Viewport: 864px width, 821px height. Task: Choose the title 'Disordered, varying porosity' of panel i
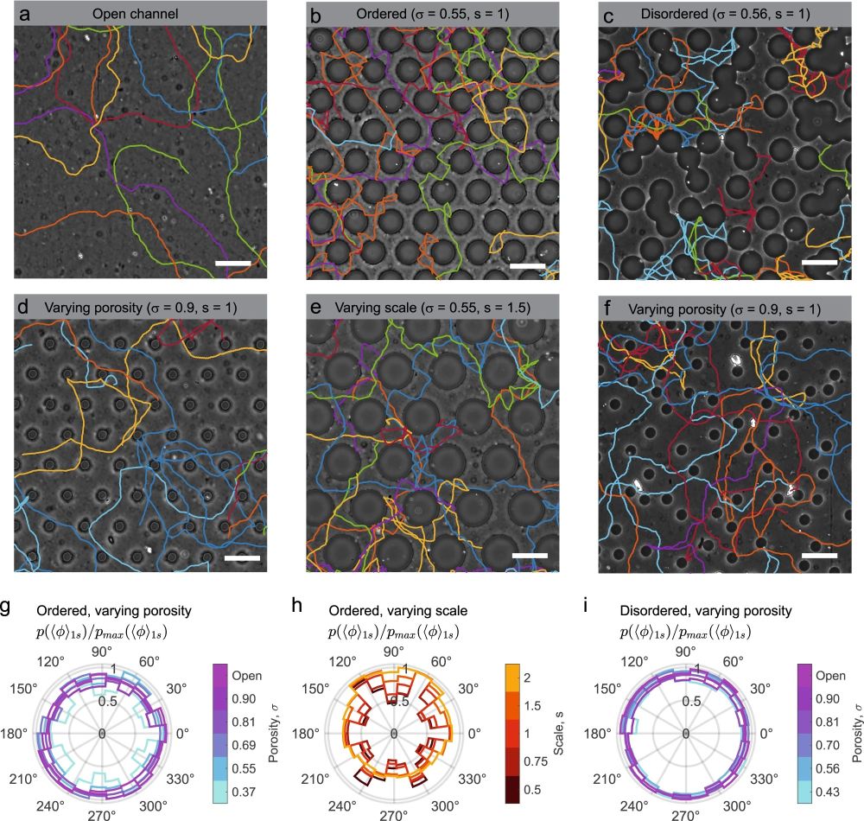704,611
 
